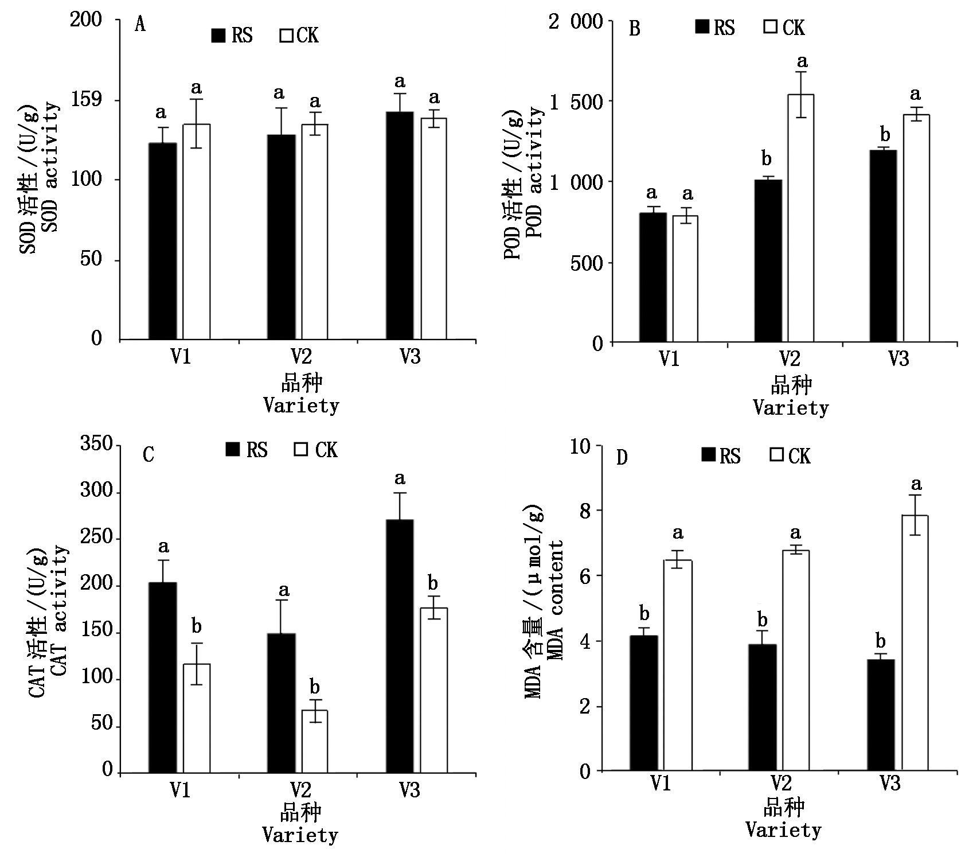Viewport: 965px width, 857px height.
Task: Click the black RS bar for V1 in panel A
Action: (x=163, y=241)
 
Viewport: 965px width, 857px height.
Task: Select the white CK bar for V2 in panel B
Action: (x=800, y=218)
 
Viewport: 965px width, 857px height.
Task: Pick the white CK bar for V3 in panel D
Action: (x=915, y=642)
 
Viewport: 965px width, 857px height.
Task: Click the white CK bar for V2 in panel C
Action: (x=315, y=742)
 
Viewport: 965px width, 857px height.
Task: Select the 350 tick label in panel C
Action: (x=96, y=444)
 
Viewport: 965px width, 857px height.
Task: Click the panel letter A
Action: (x=140, y=25)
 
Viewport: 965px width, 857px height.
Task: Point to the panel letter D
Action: (x=622, y=458)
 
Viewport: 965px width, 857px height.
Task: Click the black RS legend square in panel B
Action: (x=702, y=27)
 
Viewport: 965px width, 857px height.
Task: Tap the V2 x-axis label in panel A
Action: (x=301, y=356)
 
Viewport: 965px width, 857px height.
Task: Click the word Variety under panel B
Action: (x=791, y=408)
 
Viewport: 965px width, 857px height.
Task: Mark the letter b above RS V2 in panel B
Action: (x=767, y=158)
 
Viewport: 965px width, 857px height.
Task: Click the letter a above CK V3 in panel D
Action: (x=916, y=484)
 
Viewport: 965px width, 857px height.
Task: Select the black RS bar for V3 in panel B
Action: (x=883, y=247)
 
